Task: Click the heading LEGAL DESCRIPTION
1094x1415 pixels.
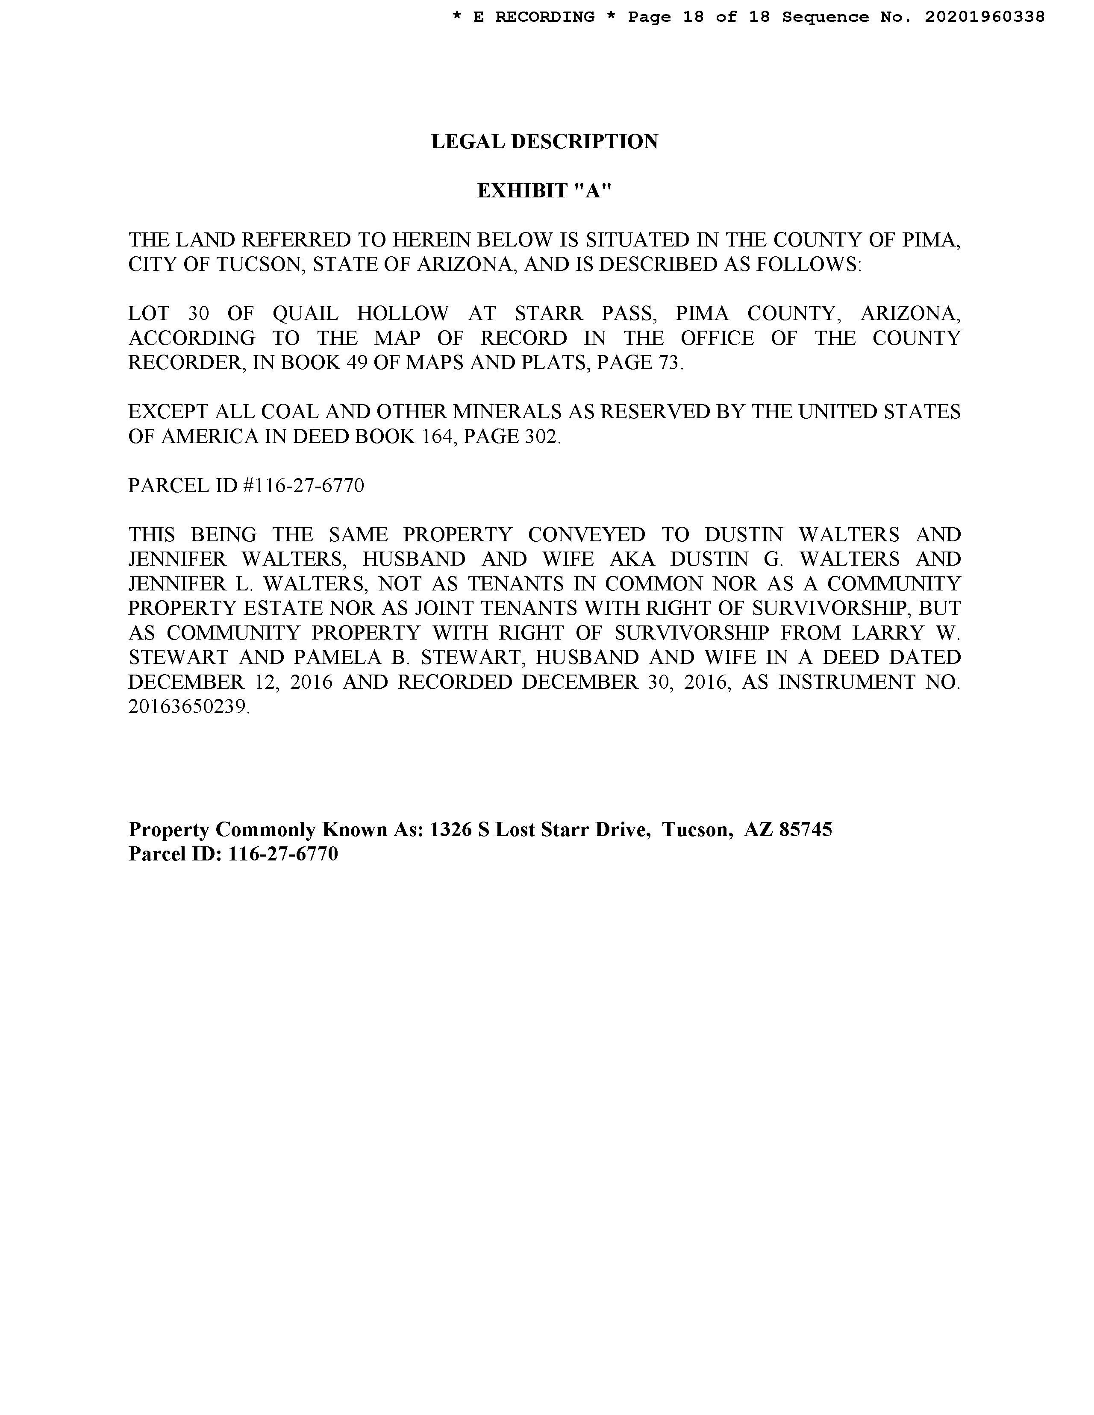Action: pyautogui.click(x=544, y=141)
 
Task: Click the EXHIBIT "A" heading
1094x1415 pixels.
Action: pyautogui.click(x=544, y=191)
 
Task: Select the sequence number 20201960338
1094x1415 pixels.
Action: pyautogui.click(x=985, y=17)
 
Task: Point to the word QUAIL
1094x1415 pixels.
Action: pyautogui.click(x=305, y=314)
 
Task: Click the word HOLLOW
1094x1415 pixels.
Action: pyautogui.click(x=403, y=314)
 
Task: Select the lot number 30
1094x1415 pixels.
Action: pyautogui.click(x=198, y=314)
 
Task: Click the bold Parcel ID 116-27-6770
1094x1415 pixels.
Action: pyautogui.click(x=283, y=854)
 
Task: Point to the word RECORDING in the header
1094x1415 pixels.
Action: pyautogui.click(x=544, y=17)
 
